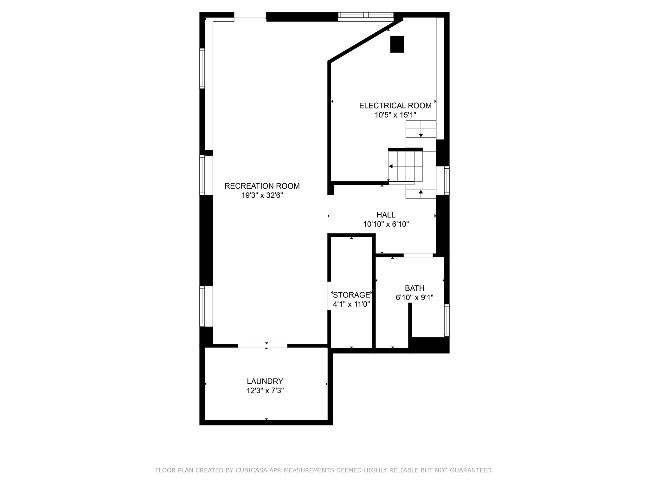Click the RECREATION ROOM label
point(262,186)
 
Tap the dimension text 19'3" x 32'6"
point(262,196)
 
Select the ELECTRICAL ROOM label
point(395,106)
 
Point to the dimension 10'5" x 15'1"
point(395,115)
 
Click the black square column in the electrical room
point(397,44)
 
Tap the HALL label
point(386,215)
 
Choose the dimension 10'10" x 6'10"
point(386,224)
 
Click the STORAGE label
point(351,295)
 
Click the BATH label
point(414,289)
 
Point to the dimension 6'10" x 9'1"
point(414,298)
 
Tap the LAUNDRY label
point(265,381)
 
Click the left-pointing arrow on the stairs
point(391,166)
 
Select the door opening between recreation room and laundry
point(262,346)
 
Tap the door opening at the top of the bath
point(418,255)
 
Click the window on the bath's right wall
point(447,320)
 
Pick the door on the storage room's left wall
point(329,295)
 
